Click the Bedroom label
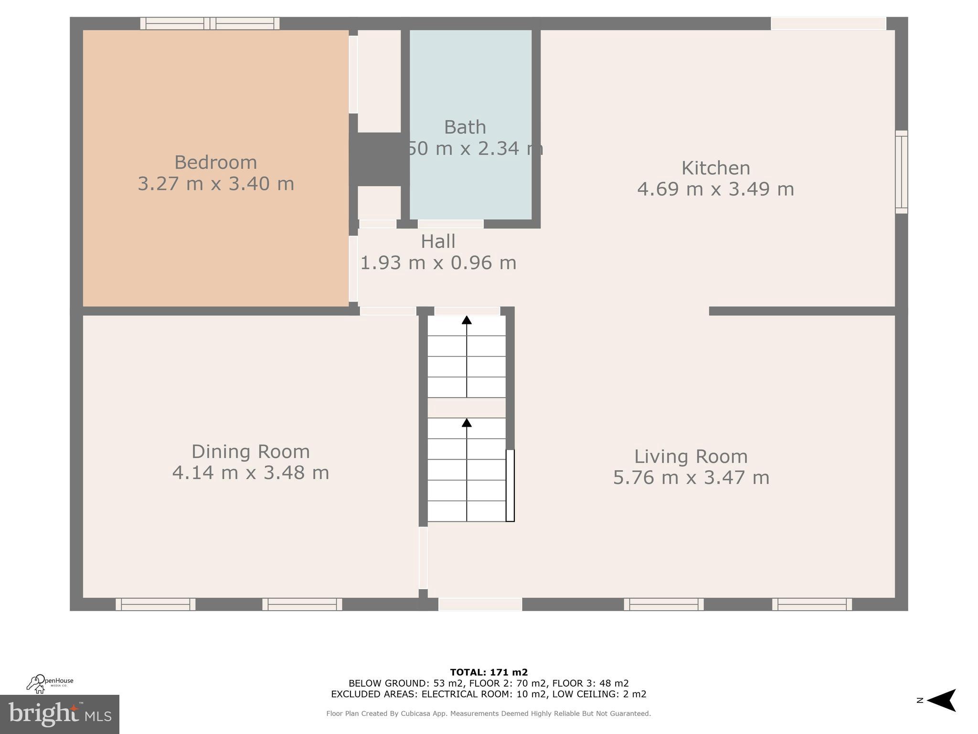click(x=215, y=162)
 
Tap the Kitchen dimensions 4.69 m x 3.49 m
click(x=715, y=189)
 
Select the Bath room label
click(x=465, y=127)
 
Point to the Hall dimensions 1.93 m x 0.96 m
click(x=438, y=263)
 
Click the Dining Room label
click(x=250, y=452)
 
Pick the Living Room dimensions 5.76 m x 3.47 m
click(x=691, y=477)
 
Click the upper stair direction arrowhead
click(x=467, y=320)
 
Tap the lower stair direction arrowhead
click(x=467, y=423)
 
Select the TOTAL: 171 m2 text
click(x=489, y=673)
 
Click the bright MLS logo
click(x=59, y=714)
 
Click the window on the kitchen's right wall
click(x=901, y=172)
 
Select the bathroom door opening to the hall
click(x=450, y=224)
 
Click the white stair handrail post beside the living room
click(x=510, y=486)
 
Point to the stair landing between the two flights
click(x=467, y=408)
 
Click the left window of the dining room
click(x=155, y=604)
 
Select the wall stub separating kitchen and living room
click(x=802, y=311)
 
